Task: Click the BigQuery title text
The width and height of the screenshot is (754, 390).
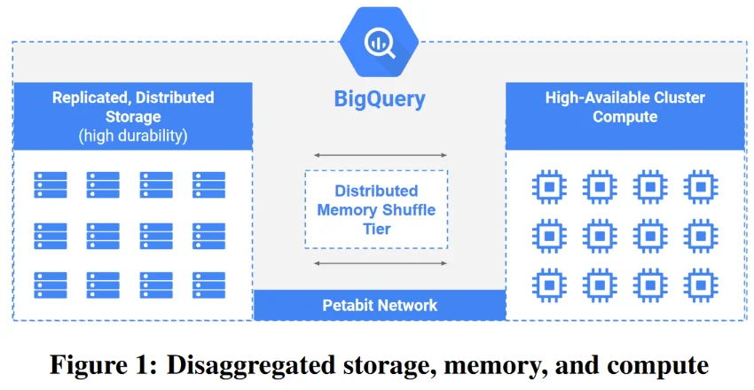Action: point(379,98)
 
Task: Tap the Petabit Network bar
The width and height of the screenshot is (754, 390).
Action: point(379,305)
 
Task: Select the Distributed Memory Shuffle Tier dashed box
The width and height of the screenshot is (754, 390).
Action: point(376,210)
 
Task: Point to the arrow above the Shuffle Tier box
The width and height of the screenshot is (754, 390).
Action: point(379,155)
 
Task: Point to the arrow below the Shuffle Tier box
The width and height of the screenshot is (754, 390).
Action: point(379,263)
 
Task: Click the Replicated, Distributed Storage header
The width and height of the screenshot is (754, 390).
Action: point(133,106)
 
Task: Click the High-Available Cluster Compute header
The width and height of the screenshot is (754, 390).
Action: point(624,106)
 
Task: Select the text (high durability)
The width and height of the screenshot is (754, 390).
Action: point(133,136)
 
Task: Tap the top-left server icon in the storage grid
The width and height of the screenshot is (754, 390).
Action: point(51,185)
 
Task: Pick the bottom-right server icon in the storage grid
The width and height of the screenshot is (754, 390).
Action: point(208,285)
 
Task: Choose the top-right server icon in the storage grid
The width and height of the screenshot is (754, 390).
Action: point(208,185)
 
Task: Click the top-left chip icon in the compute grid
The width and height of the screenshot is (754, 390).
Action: point(549,187)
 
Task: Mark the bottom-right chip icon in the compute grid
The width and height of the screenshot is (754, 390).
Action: point(701,286)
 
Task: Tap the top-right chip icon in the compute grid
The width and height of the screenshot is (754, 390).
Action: point(701,187)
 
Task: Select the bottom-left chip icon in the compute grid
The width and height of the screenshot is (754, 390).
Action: point(549,286)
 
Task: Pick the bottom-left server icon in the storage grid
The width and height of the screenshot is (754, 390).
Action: point(51,285)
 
